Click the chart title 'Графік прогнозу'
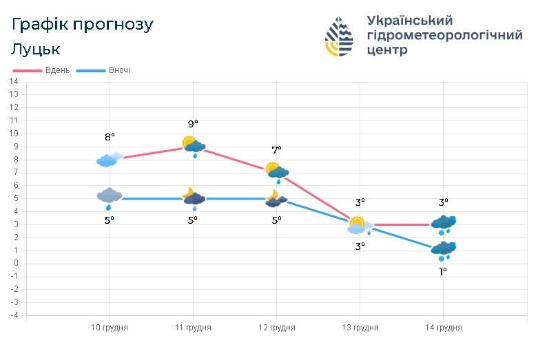83,25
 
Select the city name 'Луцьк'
36,50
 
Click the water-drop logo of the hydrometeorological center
339,36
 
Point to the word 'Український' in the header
410,21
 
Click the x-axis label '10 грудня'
110,328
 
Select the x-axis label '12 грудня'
276,328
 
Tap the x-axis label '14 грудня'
443,328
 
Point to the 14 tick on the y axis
13,81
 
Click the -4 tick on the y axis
13,315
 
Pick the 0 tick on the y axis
15,263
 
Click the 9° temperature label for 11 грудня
193,124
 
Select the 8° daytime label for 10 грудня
110,137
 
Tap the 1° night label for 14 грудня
443,272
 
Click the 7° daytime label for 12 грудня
276,150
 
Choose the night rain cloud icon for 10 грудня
109,198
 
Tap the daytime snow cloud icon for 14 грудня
443,224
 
